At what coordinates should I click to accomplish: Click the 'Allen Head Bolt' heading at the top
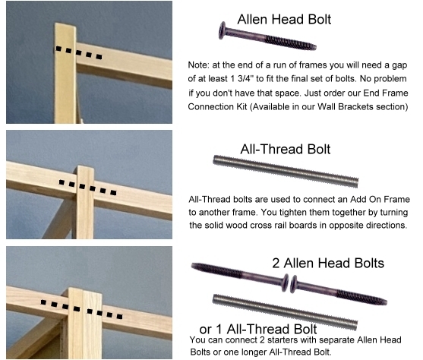[x=284, y=20]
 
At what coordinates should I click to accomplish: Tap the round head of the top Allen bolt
[x=223, y=30]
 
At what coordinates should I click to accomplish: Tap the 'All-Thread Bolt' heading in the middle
[x=285, y=149]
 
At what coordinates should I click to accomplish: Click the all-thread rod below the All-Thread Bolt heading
[x=286, y=171]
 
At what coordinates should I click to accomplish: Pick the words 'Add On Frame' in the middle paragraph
[x=380, y=200]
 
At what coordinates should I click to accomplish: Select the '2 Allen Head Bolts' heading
[x=328, y=263]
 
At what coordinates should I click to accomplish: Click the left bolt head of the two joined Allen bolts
[x=286, y=283]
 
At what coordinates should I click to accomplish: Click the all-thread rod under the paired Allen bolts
[x=285, y=312]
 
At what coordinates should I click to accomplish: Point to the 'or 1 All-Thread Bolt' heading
[x=258, y=329]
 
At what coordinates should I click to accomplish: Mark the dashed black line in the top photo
[x=79, y=52]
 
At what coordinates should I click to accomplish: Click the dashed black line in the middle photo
[x=87, y=188]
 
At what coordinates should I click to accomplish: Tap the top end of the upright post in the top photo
[x=65, y=25]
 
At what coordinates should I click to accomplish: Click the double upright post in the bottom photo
[x=84, y=324]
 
